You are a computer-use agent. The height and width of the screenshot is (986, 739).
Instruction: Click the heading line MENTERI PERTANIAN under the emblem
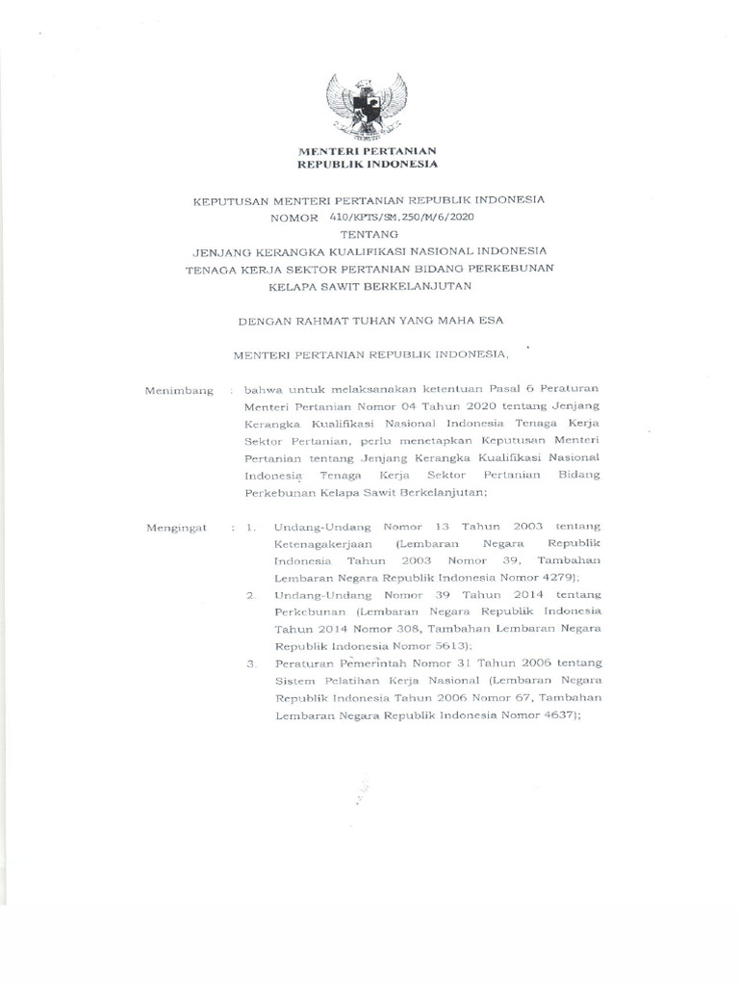(x=368, y=152)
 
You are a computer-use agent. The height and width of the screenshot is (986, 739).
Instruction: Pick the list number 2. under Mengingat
(x=250, y=595)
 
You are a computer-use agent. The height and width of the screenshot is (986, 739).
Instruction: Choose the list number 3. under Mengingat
(x=250, y=664)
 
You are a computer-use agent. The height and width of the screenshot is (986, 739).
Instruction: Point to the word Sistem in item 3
(x=292, y=682)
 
